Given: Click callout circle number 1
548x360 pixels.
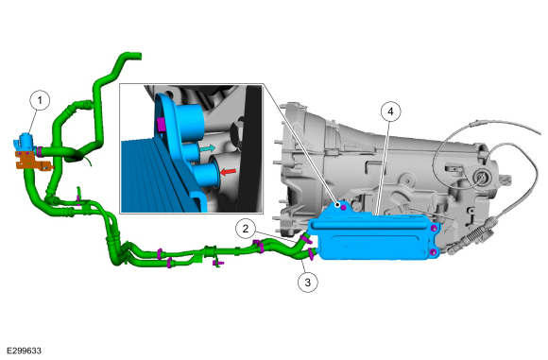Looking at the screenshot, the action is (x=40, y=100).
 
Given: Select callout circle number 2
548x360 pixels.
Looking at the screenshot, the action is (x=246, y=229).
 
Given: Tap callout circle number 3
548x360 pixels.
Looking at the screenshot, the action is (x=308, y=283).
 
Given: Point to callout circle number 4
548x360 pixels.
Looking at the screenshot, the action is (x=390, y=111).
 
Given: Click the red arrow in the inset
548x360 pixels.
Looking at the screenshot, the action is (x=228, y=172).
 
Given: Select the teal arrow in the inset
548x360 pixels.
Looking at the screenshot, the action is (x=207, y=148).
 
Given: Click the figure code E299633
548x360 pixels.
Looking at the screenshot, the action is (x=25, y=351).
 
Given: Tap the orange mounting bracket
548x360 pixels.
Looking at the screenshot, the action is (x=31, y=162).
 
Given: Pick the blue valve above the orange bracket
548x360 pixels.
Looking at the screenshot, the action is (x=26, y=143).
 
